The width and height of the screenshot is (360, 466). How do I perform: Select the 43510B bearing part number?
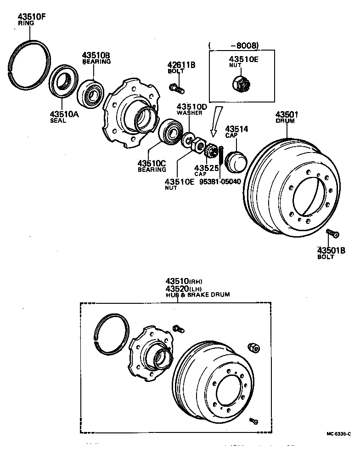point(96,55)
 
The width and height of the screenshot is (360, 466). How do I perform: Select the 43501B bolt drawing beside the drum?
point(332,233)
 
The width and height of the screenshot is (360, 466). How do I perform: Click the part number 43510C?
point(152,163)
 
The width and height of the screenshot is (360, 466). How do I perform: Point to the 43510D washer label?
point(192,107)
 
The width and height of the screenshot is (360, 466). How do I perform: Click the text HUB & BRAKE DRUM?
point(197,295)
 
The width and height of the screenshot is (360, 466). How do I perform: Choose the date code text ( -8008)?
point(234,45)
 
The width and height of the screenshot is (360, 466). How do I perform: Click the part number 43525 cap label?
point(205,168)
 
